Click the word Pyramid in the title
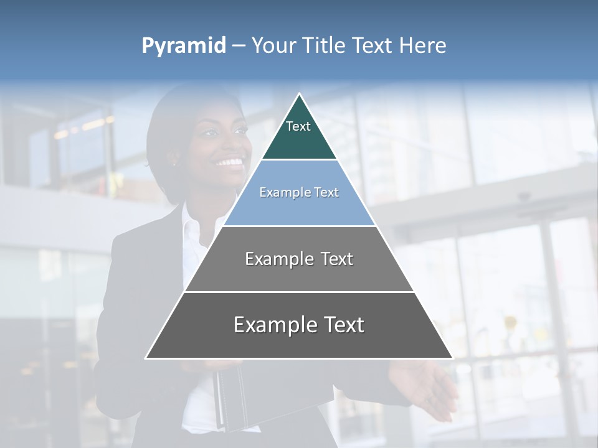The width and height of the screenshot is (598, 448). (183, 46)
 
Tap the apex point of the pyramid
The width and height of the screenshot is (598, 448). (300, 95)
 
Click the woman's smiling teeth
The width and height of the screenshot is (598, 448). (229, 163)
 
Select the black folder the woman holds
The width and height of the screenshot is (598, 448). (249, 398)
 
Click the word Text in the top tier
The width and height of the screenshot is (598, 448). (298, 126)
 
